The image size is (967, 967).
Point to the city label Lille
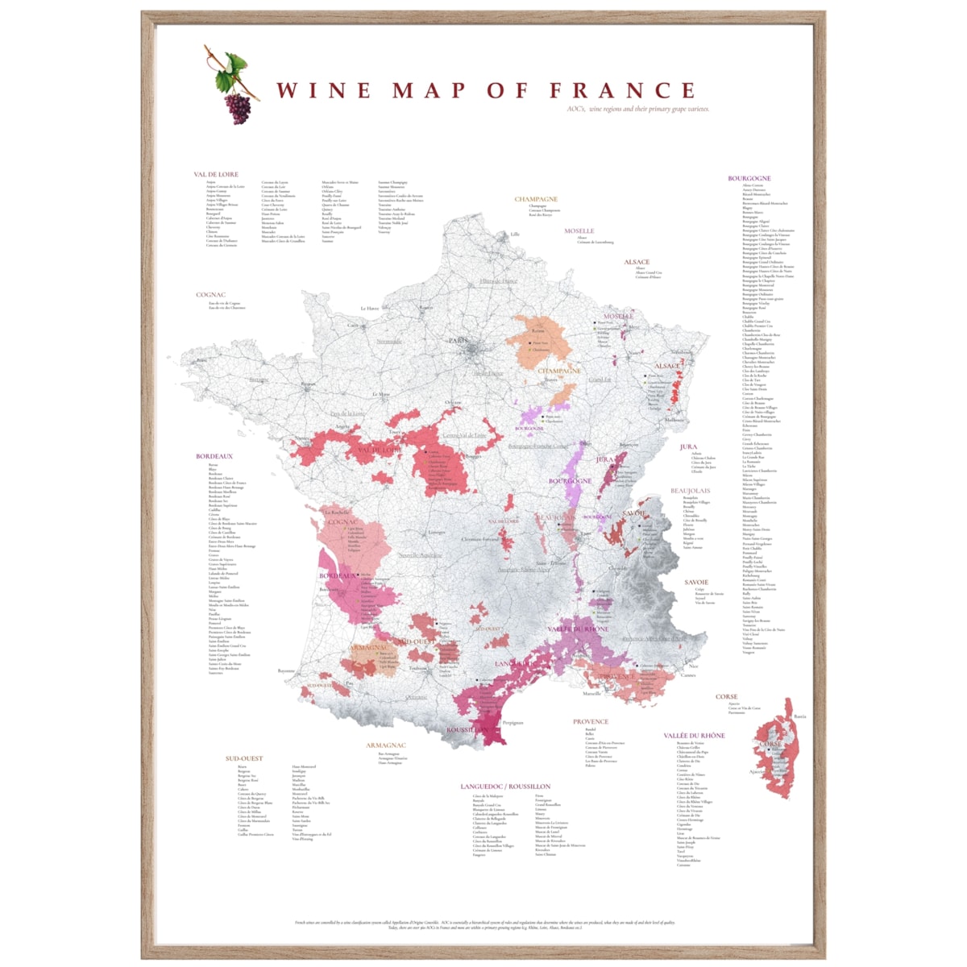[515, 234]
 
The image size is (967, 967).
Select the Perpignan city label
[513, 722]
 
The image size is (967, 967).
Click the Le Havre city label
[369, 308]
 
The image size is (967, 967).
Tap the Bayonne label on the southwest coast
[286, 670]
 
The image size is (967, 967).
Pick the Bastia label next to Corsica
[799, 716]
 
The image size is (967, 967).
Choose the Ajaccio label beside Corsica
[757, 772]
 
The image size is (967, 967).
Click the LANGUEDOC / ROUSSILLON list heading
[505, 786]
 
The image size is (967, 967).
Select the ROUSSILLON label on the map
[467, 730]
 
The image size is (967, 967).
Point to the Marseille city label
[592, 693]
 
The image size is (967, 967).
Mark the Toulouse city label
[418, 668]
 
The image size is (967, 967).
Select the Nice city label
[694, 666]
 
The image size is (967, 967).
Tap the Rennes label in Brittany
[309, 385]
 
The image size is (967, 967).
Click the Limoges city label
[437, 532]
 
